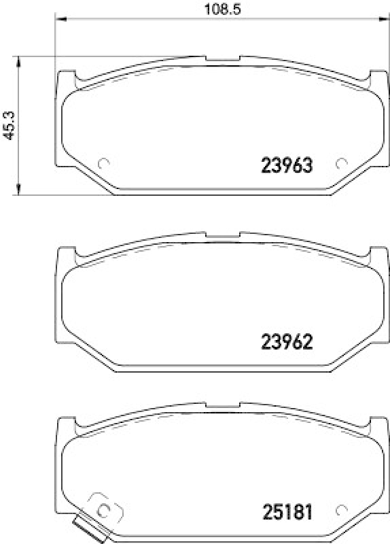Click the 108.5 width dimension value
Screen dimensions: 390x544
(x=222, y=9)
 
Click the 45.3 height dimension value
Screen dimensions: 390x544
(x=9, y=125)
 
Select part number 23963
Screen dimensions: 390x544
(x=287, y=165)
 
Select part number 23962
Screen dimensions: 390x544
(x=287, y=342)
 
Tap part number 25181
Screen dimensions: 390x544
(x=287, y=512)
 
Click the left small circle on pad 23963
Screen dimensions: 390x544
(x=104, y=163)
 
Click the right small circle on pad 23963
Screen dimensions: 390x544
(x=342, y=163)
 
